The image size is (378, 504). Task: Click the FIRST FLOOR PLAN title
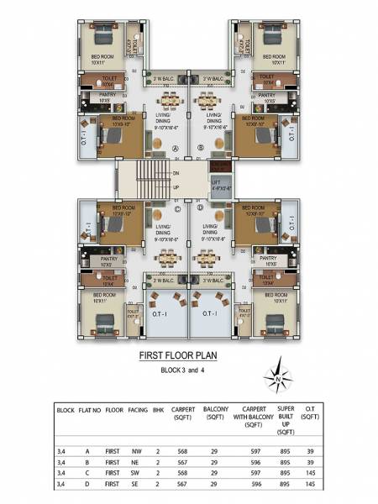point(188,356)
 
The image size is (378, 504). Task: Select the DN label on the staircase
point(176,173)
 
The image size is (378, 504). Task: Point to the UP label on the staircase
point(176,186)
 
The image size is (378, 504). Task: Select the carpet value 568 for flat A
point(184,451)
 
